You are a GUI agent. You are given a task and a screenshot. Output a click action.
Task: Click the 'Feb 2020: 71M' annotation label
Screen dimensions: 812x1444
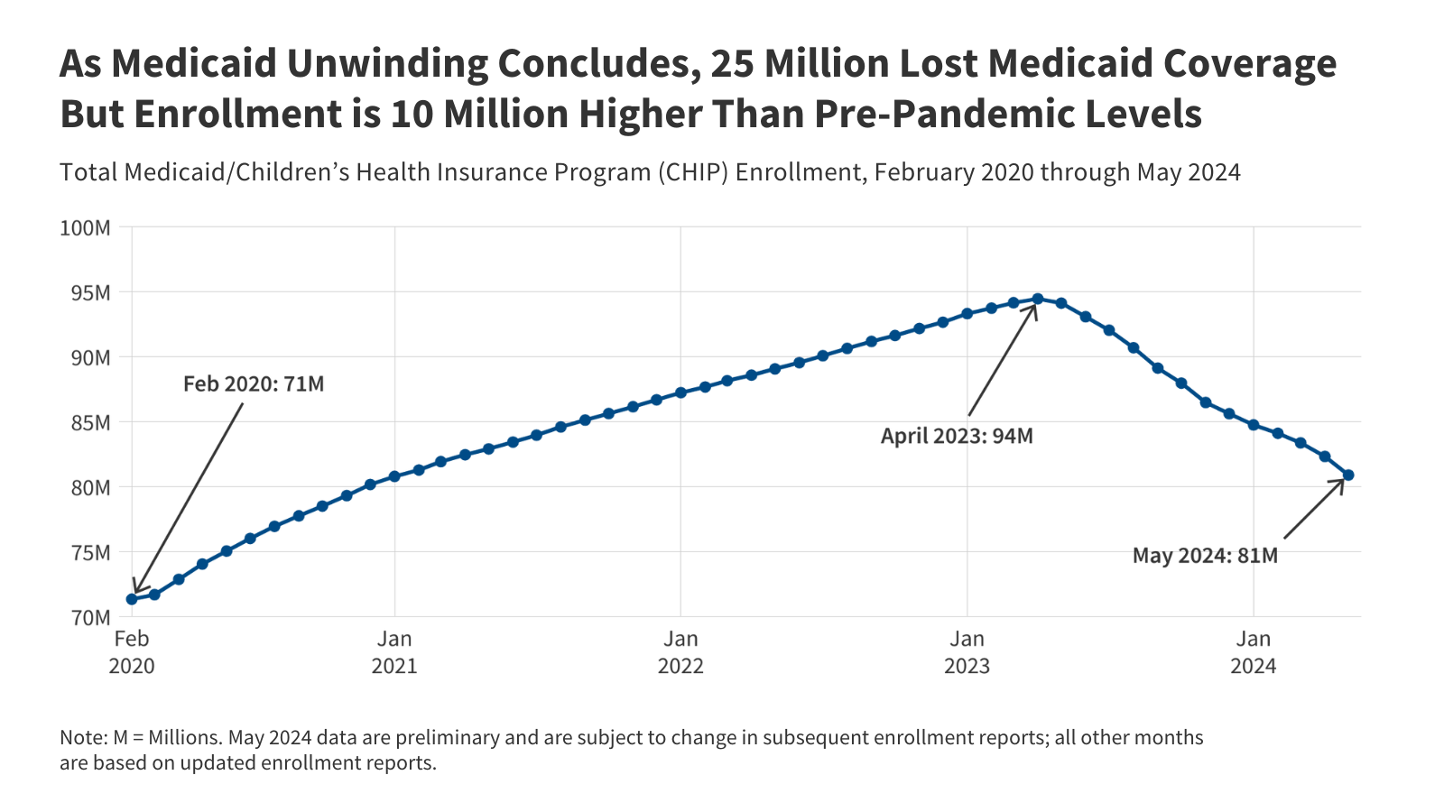coord(254,384)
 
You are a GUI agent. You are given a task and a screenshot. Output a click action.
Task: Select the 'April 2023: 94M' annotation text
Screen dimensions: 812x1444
coord(957,437)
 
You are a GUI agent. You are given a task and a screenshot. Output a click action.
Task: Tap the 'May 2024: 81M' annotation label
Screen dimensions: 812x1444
coord(1205,556)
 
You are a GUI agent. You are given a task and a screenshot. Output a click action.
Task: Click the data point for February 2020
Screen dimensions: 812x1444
coord(132,599)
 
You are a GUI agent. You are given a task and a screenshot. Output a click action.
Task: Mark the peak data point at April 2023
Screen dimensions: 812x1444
coord(1038,299)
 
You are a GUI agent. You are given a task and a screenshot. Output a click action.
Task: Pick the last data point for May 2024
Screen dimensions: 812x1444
coord(1348,475)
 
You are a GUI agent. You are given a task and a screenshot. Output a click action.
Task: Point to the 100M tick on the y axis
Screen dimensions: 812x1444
coord(85,228)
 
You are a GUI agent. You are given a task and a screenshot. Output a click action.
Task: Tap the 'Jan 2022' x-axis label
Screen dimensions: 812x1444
coord(680,652)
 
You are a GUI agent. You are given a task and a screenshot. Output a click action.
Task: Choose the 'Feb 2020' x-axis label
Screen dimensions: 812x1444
coord(132,652)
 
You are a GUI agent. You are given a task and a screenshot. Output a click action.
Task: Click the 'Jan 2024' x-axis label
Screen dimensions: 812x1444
coord(1253,652)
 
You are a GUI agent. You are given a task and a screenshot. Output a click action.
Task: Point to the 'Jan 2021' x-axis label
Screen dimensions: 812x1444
coord(394,652)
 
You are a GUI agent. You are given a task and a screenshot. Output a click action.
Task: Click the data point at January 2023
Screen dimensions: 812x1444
coord(967,314)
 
